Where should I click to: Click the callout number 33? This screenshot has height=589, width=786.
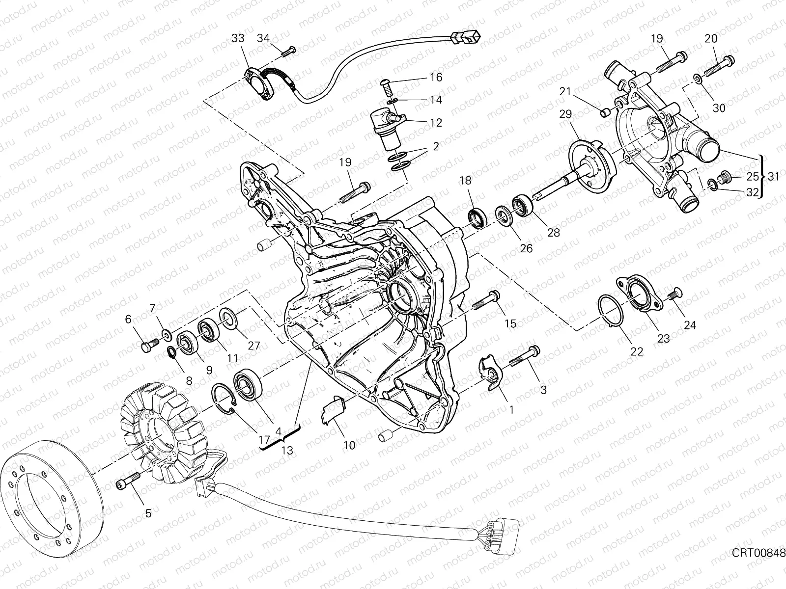(x=238, y=38)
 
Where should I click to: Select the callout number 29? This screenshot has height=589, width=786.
(x=565, y=114)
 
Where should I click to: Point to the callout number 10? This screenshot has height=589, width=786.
(x=349, y=445)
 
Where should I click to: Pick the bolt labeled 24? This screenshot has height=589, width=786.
(x=674, y=294)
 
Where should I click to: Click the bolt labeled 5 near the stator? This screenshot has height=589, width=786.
(x=128, y=480)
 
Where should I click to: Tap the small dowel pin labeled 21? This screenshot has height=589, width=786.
(x=605, y=113)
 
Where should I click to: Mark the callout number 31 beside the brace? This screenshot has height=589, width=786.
(x=773, y=176)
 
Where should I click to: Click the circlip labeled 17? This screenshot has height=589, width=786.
(x=225, y=399)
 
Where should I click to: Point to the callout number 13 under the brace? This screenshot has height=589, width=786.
(x=287, y=451)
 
